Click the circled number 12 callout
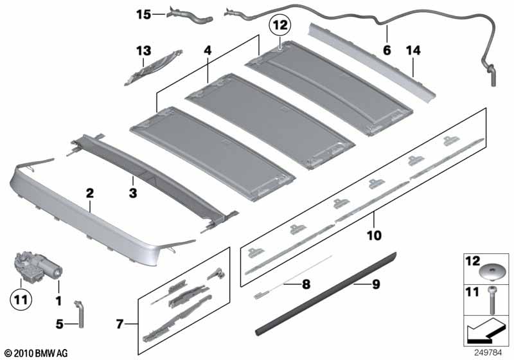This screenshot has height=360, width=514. click(280, 25)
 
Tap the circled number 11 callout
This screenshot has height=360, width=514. click(21, 300)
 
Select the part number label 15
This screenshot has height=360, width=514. click(143, 14)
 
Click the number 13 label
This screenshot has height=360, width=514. click(143, 51)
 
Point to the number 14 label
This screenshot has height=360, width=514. click(412, 51)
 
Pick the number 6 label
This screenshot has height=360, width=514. click(387, 50)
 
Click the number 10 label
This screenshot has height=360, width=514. click(374, 235)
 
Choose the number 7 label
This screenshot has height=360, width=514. click(120, 324)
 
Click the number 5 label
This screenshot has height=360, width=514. click(59, 324)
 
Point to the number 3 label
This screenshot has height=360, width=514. click(133, 193)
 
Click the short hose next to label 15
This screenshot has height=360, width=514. click(190, 16)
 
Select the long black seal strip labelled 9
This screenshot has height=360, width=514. click(326, 293)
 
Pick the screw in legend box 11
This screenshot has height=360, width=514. click(492, 300)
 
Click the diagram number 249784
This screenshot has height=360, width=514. click(488, 353)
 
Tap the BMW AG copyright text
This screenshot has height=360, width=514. click(37, 353)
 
